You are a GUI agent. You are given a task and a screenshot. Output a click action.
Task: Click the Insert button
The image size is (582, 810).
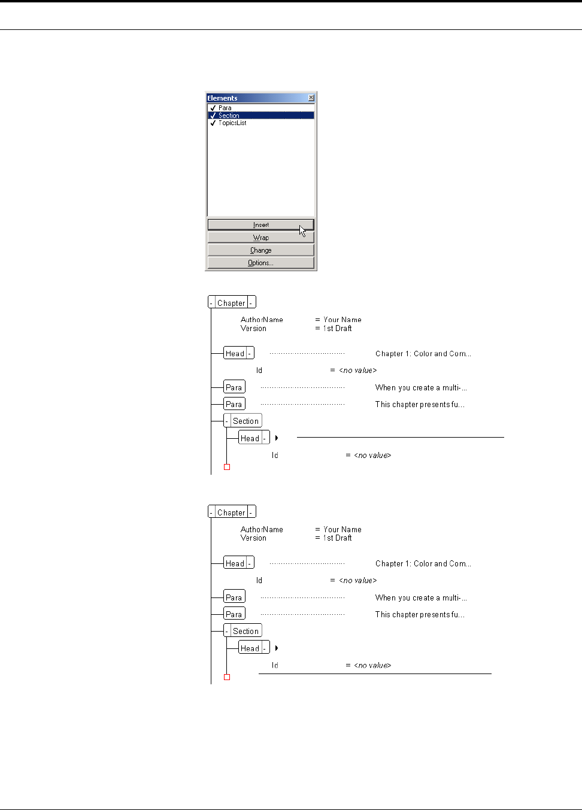pyautogui.click(x=260, y=225)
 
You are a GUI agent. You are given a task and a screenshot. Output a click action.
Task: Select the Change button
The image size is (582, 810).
pyautogui.click(x=260, y=250)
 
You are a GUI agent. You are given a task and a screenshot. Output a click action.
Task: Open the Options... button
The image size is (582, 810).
pyautogui.click(x=260, y=263)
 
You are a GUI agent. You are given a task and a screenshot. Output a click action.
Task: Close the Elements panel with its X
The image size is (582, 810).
pyautogui.click(x=311, y=98)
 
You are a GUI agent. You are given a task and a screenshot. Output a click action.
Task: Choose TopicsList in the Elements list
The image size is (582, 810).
pyautogui.click(x=232, y=123)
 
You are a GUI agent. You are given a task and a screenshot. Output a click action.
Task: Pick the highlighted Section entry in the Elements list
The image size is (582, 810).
pyautogui.click(x=229, y=116)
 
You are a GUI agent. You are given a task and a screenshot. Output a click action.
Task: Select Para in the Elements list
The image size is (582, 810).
pyautogui.click(x=225, y=108)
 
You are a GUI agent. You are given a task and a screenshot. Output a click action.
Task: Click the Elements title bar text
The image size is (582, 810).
pyautogui.click(x=222, y=98)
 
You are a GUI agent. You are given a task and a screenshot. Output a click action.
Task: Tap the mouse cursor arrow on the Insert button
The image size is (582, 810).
pyautogui.click(x=302, y=230)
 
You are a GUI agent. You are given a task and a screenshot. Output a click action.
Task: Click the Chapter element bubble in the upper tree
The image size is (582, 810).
pyautogui.click(x=232, y=303)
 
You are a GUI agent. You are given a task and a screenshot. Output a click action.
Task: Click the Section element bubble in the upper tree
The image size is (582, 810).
pyautogui.click(x=245, y=421)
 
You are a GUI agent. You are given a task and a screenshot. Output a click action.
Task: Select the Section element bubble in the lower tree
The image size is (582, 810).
pyautogui.click(x=245, y=631)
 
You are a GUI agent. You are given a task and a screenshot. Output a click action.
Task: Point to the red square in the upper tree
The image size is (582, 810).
pyautogui.click(x=227, y=467)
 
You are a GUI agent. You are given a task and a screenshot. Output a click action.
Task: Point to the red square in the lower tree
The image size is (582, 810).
pyautogui.click(x=227, y=677)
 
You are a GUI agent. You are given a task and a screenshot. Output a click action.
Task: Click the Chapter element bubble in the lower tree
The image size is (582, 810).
pyautogui.click(x=232, y=512)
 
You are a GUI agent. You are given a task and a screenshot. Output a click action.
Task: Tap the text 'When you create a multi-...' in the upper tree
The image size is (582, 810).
pyautogui.click(x=421, y=387)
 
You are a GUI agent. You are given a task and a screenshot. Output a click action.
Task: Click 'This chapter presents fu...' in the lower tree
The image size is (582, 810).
pyautogui.click(x=420, y=614)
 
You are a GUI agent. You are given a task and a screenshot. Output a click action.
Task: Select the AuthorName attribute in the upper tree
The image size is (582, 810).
pyautogui.click(x=262, y=320)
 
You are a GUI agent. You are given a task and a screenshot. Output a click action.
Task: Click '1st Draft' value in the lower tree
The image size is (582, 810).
pyautogui.click(x=338, y=538)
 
